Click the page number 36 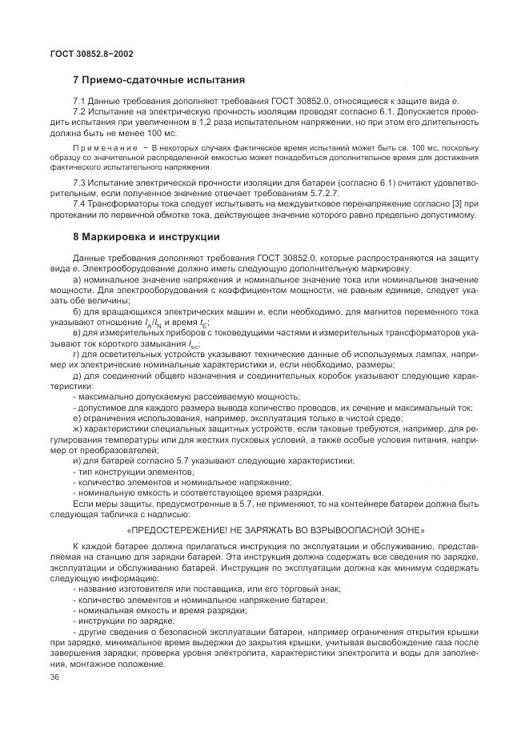(54, 677)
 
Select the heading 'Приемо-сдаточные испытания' (164, 80)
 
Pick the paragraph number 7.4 (78, 204)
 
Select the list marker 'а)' (76, 279)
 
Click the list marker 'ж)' (76, 430)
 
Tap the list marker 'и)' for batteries (76, 461)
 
